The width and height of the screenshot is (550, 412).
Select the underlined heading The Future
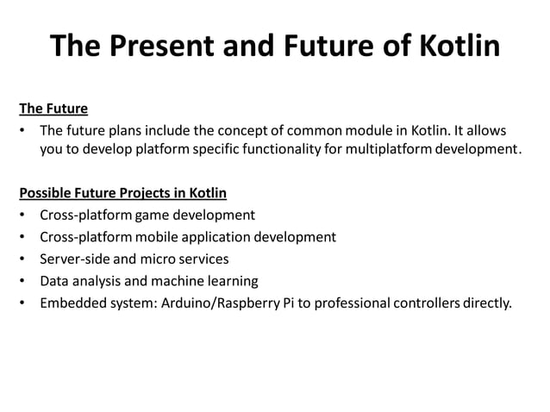53,109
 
